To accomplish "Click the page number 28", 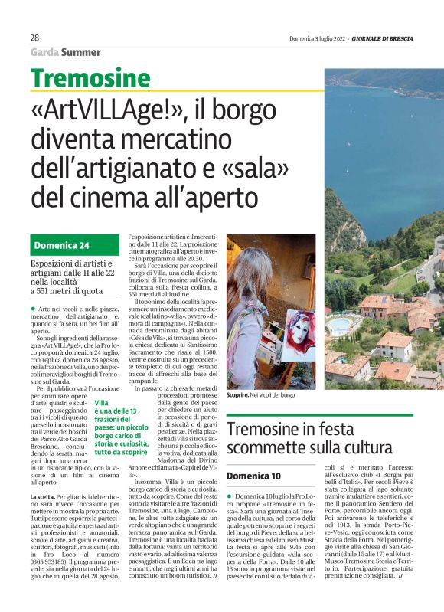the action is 35,38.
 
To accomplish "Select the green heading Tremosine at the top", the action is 91,78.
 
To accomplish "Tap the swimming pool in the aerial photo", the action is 338,326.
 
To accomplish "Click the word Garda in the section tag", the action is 44,52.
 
